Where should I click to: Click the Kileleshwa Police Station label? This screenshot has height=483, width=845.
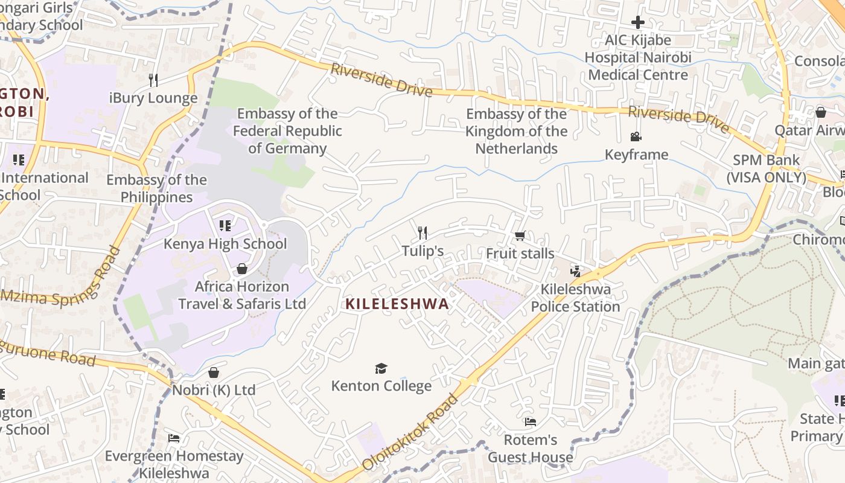pos(575,298)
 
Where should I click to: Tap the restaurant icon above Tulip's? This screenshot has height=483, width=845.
pos(422,232)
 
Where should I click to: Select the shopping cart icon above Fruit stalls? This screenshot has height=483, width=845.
pos(520,235)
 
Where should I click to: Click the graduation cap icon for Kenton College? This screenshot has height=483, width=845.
pos(381,368)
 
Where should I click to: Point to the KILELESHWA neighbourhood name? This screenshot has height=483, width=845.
pos(397,304)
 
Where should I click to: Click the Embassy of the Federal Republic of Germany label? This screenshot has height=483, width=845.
pos(287,131)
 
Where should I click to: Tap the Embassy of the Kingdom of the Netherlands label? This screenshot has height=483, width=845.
pos(517,131)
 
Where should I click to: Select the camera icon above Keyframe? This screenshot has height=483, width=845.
pos(636,137)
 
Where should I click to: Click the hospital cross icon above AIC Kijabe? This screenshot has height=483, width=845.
pos(638,23)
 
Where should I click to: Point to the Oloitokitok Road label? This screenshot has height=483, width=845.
pos(411,432)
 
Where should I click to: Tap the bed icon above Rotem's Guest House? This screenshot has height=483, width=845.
pos(530,421)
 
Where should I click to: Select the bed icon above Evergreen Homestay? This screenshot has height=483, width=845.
pos(174,438)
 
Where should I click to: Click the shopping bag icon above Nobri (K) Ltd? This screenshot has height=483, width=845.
pos(213,373)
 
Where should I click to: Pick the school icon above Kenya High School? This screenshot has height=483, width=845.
pos(225,226)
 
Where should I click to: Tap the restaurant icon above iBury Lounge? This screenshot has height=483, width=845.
pos(153,80)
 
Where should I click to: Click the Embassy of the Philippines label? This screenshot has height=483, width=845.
pos(156,188)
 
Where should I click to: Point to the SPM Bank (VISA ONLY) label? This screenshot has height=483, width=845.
pos(766,169)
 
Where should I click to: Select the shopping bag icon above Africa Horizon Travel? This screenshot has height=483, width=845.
pos(242,268)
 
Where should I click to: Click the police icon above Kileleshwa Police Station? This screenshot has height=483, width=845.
pos(575,271)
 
